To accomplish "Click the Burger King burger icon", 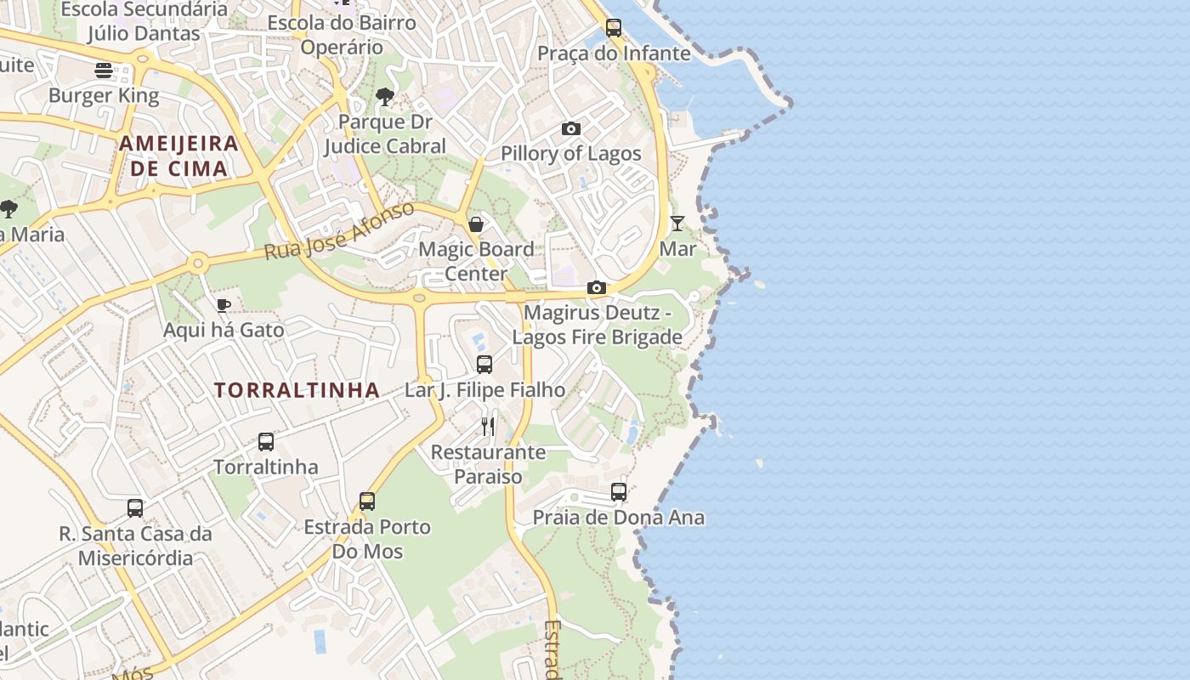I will pos(104,70).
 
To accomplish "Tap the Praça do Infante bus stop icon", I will pos(614,27).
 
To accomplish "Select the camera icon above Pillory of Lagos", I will pos(571,129).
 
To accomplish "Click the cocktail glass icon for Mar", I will pos(677,224).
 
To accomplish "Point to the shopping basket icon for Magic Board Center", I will pos(476,224).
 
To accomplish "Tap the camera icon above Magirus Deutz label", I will pos(597,287).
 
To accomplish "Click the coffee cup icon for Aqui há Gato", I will pos(224,305).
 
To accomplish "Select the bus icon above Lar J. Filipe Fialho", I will pos(484,365).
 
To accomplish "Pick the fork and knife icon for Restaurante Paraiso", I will pos(488,426).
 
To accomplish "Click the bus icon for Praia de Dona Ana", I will pos(619,492).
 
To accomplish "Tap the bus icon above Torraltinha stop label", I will pos(266,442).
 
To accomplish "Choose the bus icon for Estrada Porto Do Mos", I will pos(367,501).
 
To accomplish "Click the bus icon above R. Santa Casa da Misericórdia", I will pos(135,508).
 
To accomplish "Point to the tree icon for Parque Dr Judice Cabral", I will pos(385,96).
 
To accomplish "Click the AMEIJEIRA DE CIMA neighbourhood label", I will pos(178,156).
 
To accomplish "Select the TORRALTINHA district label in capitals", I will pos(297,390).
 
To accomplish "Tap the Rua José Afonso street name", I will pos(339,230).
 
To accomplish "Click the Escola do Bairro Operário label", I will pos(342,35).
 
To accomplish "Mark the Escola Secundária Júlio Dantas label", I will pos(144,21).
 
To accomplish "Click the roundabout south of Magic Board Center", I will pos(418,298).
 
